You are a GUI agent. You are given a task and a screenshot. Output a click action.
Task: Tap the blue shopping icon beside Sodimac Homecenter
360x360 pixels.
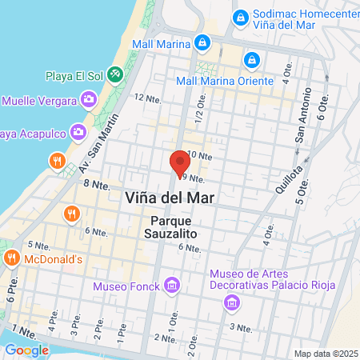239,17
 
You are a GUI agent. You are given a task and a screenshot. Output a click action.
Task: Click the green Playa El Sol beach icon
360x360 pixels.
115,74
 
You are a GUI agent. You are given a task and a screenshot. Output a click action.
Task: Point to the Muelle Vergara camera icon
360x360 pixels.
88,100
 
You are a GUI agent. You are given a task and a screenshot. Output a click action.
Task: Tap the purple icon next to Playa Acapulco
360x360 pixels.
78,130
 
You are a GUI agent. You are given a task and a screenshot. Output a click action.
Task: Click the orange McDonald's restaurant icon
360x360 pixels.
11,258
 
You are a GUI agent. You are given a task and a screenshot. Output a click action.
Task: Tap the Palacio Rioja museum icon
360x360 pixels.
231,302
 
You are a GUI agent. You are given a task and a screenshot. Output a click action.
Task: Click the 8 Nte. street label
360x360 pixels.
95,184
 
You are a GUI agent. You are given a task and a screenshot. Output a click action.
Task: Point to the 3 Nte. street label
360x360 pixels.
241,327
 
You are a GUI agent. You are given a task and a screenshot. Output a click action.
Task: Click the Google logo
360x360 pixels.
26,350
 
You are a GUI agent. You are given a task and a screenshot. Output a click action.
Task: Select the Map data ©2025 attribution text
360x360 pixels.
325,354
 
